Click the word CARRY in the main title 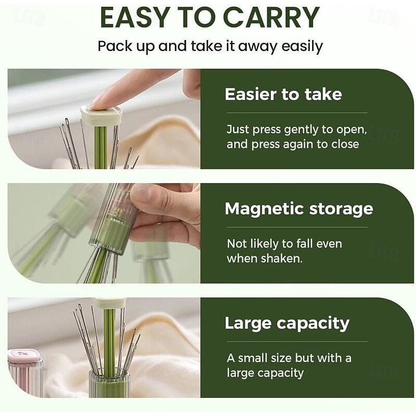click(271, 18)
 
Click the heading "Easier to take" click(283, 94)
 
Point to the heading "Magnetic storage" click(299, 210)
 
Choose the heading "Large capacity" click(287, 323)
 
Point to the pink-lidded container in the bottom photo click(24, 373)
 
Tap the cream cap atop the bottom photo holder click(109, 303)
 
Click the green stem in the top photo click(101, 147)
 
